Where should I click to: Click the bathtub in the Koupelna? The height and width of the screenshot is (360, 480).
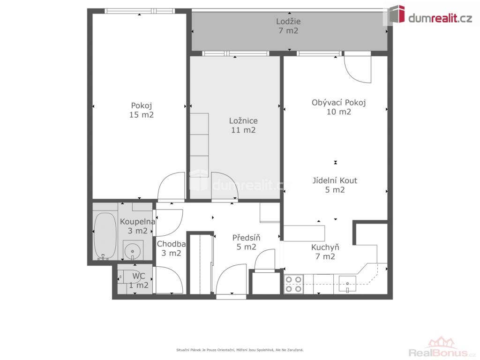click(x=105, y=236)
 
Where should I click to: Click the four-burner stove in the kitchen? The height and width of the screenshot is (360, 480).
click(x=293, y=284)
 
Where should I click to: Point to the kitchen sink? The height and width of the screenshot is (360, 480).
click(x=347, y=284)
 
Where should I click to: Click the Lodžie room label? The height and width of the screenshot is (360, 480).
click(x=288, y=22)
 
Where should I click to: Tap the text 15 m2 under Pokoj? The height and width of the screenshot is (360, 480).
click(x=142, y=115)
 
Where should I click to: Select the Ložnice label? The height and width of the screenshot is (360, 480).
click(x=243, y=120)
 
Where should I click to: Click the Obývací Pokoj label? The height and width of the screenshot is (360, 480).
click(x=339, y=103)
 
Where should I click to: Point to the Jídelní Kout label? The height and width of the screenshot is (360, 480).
click(x=335, y=180)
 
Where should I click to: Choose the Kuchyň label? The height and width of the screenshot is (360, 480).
click(x=325, y=247)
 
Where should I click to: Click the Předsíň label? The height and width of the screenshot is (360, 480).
click(x=246, y=238)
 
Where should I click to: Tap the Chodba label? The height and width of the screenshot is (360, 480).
click(x=171, y=244)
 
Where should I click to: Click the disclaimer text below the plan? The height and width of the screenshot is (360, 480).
click(x=240, y=350)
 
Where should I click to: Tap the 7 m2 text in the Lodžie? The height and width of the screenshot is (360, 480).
click(x=288, y=30)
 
